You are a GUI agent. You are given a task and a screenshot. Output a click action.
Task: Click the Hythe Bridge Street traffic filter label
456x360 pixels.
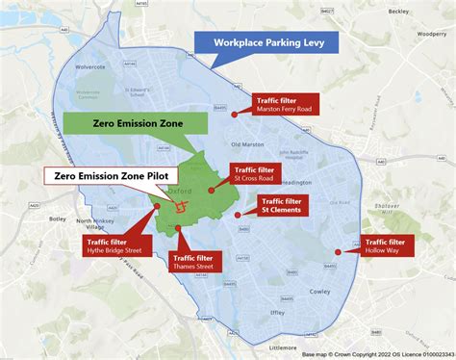point(116,245)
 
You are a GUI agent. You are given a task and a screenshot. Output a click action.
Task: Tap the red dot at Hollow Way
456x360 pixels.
point(338,252)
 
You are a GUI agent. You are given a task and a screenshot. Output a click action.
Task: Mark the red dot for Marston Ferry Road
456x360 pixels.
point(234,114)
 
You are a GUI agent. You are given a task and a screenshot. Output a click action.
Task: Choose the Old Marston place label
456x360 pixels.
point(248,146)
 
